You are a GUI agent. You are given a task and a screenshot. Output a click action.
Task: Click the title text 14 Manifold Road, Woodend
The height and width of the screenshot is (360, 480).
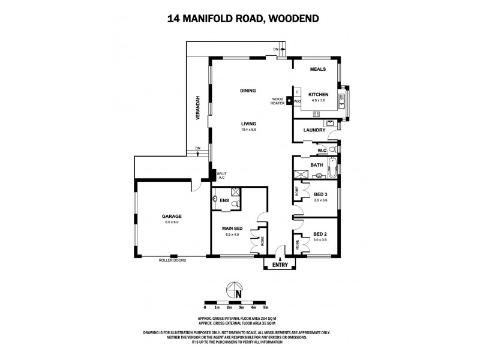click(x=239, y=19)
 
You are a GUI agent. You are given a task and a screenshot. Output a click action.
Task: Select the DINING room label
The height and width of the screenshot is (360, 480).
click(x=248, y=91)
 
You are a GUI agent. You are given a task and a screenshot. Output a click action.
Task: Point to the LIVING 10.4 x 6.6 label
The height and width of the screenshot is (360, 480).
click(x=248, y=125)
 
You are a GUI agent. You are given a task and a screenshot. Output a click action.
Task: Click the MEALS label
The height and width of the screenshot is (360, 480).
click(x=317, y=69)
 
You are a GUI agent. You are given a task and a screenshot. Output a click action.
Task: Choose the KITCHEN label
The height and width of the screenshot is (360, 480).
click(x=318, y=95)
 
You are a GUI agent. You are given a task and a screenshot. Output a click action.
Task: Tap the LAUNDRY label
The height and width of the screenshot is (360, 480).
click(x=314, y=130)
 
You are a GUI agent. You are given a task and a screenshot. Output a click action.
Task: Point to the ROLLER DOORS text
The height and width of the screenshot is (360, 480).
click(x=173, y=260)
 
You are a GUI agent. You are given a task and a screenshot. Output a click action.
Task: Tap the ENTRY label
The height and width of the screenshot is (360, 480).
click(x=280, y=265)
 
